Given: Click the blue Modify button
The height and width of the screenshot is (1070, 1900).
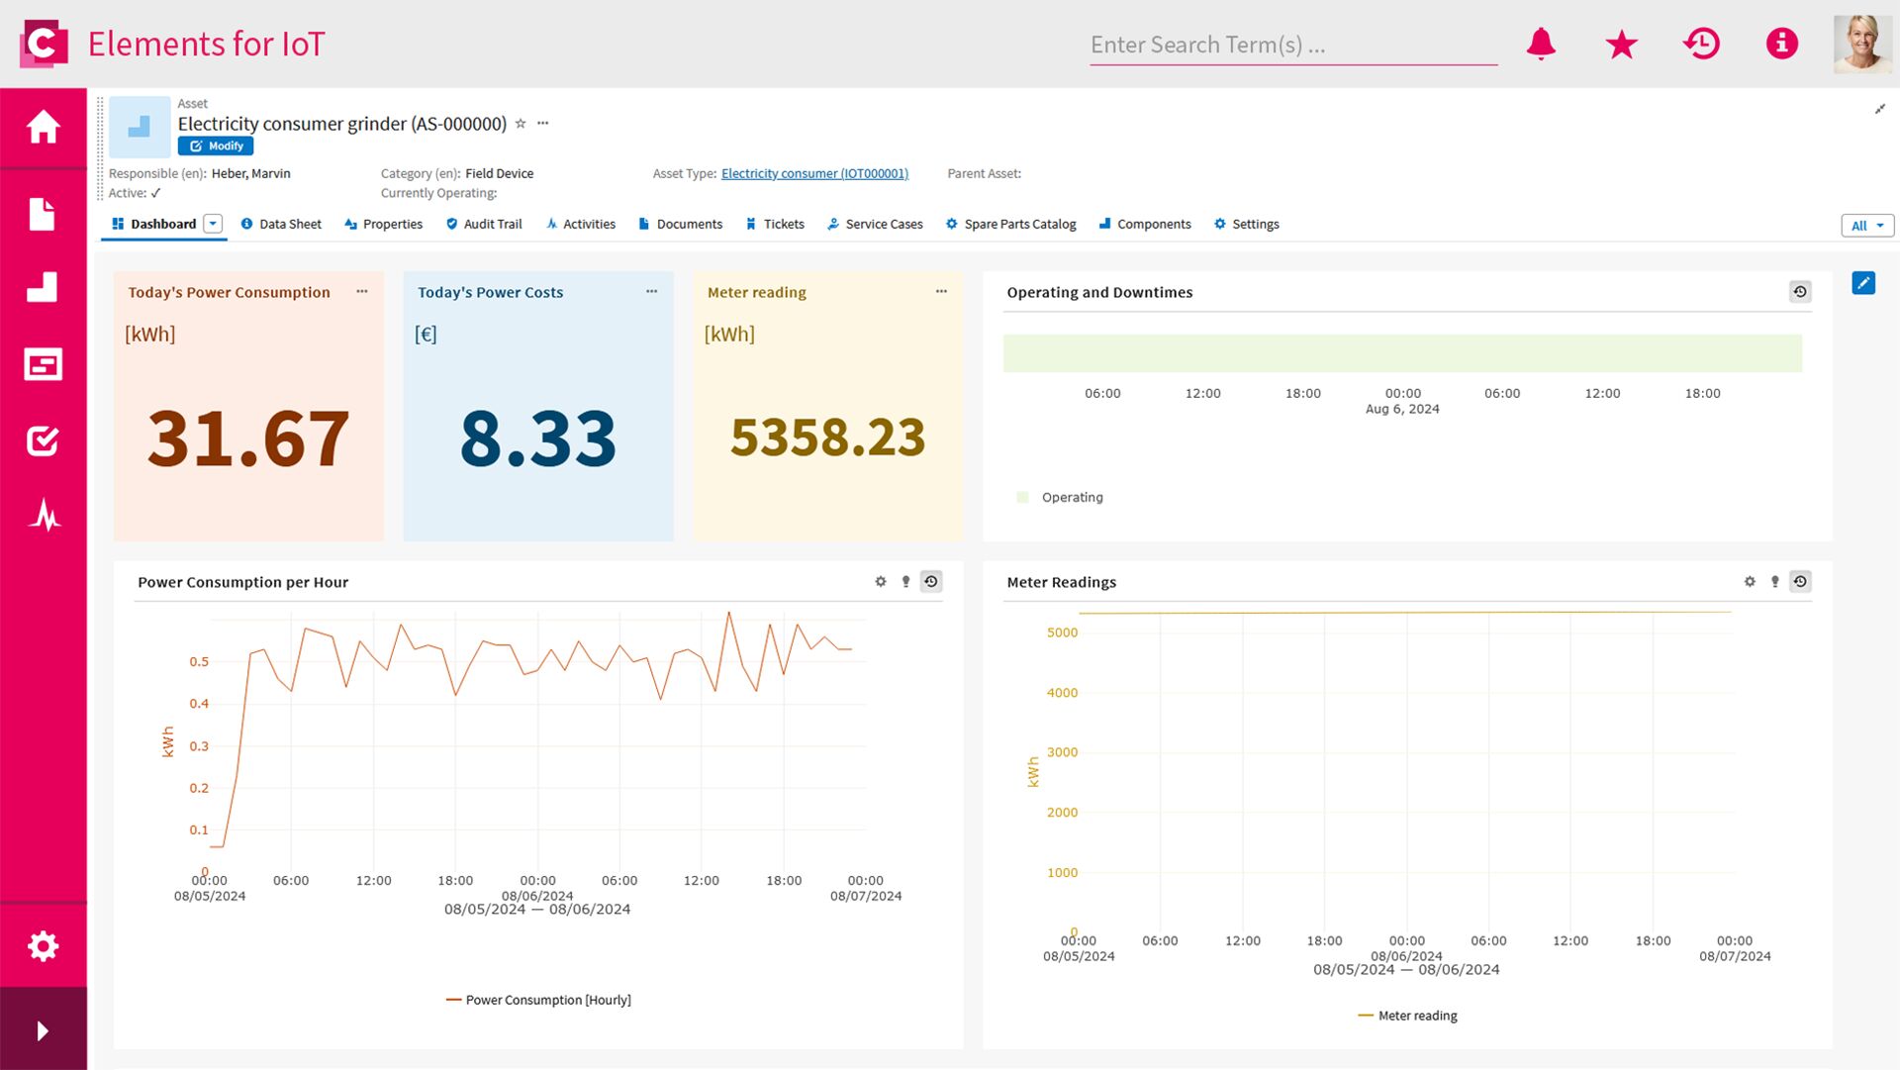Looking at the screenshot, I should click(x=216, y=146).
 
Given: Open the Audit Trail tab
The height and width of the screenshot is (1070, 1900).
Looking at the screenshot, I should click(x=484, y=225).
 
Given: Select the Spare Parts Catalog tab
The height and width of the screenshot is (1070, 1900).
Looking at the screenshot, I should click(x=1010, y=225).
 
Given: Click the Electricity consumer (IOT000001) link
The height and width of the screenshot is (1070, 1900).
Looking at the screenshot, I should click(x=814, y=174).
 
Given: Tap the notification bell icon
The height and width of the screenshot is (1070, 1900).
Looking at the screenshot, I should click(x=1541, y=45).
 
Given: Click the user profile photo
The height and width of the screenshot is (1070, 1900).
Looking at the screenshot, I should click(x=1861, y=45).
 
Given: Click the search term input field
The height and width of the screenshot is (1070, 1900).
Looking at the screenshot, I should click(x=1291, y=46).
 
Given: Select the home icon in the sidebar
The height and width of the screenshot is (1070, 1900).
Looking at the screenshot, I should click(x=43, y=127).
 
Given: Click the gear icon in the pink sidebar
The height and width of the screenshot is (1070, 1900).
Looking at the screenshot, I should click(x=43, y=946).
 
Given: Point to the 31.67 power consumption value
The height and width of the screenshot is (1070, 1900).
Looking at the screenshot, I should click(x=248, y=438).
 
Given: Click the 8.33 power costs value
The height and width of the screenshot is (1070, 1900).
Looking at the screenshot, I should click(x=538, y=438).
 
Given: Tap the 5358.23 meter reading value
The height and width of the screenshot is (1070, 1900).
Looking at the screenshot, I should click(x=827, y=438).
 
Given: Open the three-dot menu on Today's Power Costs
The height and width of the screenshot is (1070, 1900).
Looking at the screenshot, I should click(x=651, y=291).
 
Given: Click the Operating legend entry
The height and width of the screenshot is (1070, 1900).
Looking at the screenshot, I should click(x=1071, y=498).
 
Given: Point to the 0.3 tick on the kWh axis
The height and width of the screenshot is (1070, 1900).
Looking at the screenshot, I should click(x=199, y=746).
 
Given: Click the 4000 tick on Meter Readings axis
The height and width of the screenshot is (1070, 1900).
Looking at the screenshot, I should click(x=1062, y=693).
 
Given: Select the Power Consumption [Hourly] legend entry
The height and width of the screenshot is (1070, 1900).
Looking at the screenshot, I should click(x=547, y=1001).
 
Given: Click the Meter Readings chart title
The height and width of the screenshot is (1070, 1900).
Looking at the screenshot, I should click(x=1061, y=582).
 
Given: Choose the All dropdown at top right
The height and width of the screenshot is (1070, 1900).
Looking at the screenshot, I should click(x=1866, y=226).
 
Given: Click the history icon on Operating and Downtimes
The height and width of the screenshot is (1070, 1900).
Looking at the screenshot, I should click(x=1800, y=292).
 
